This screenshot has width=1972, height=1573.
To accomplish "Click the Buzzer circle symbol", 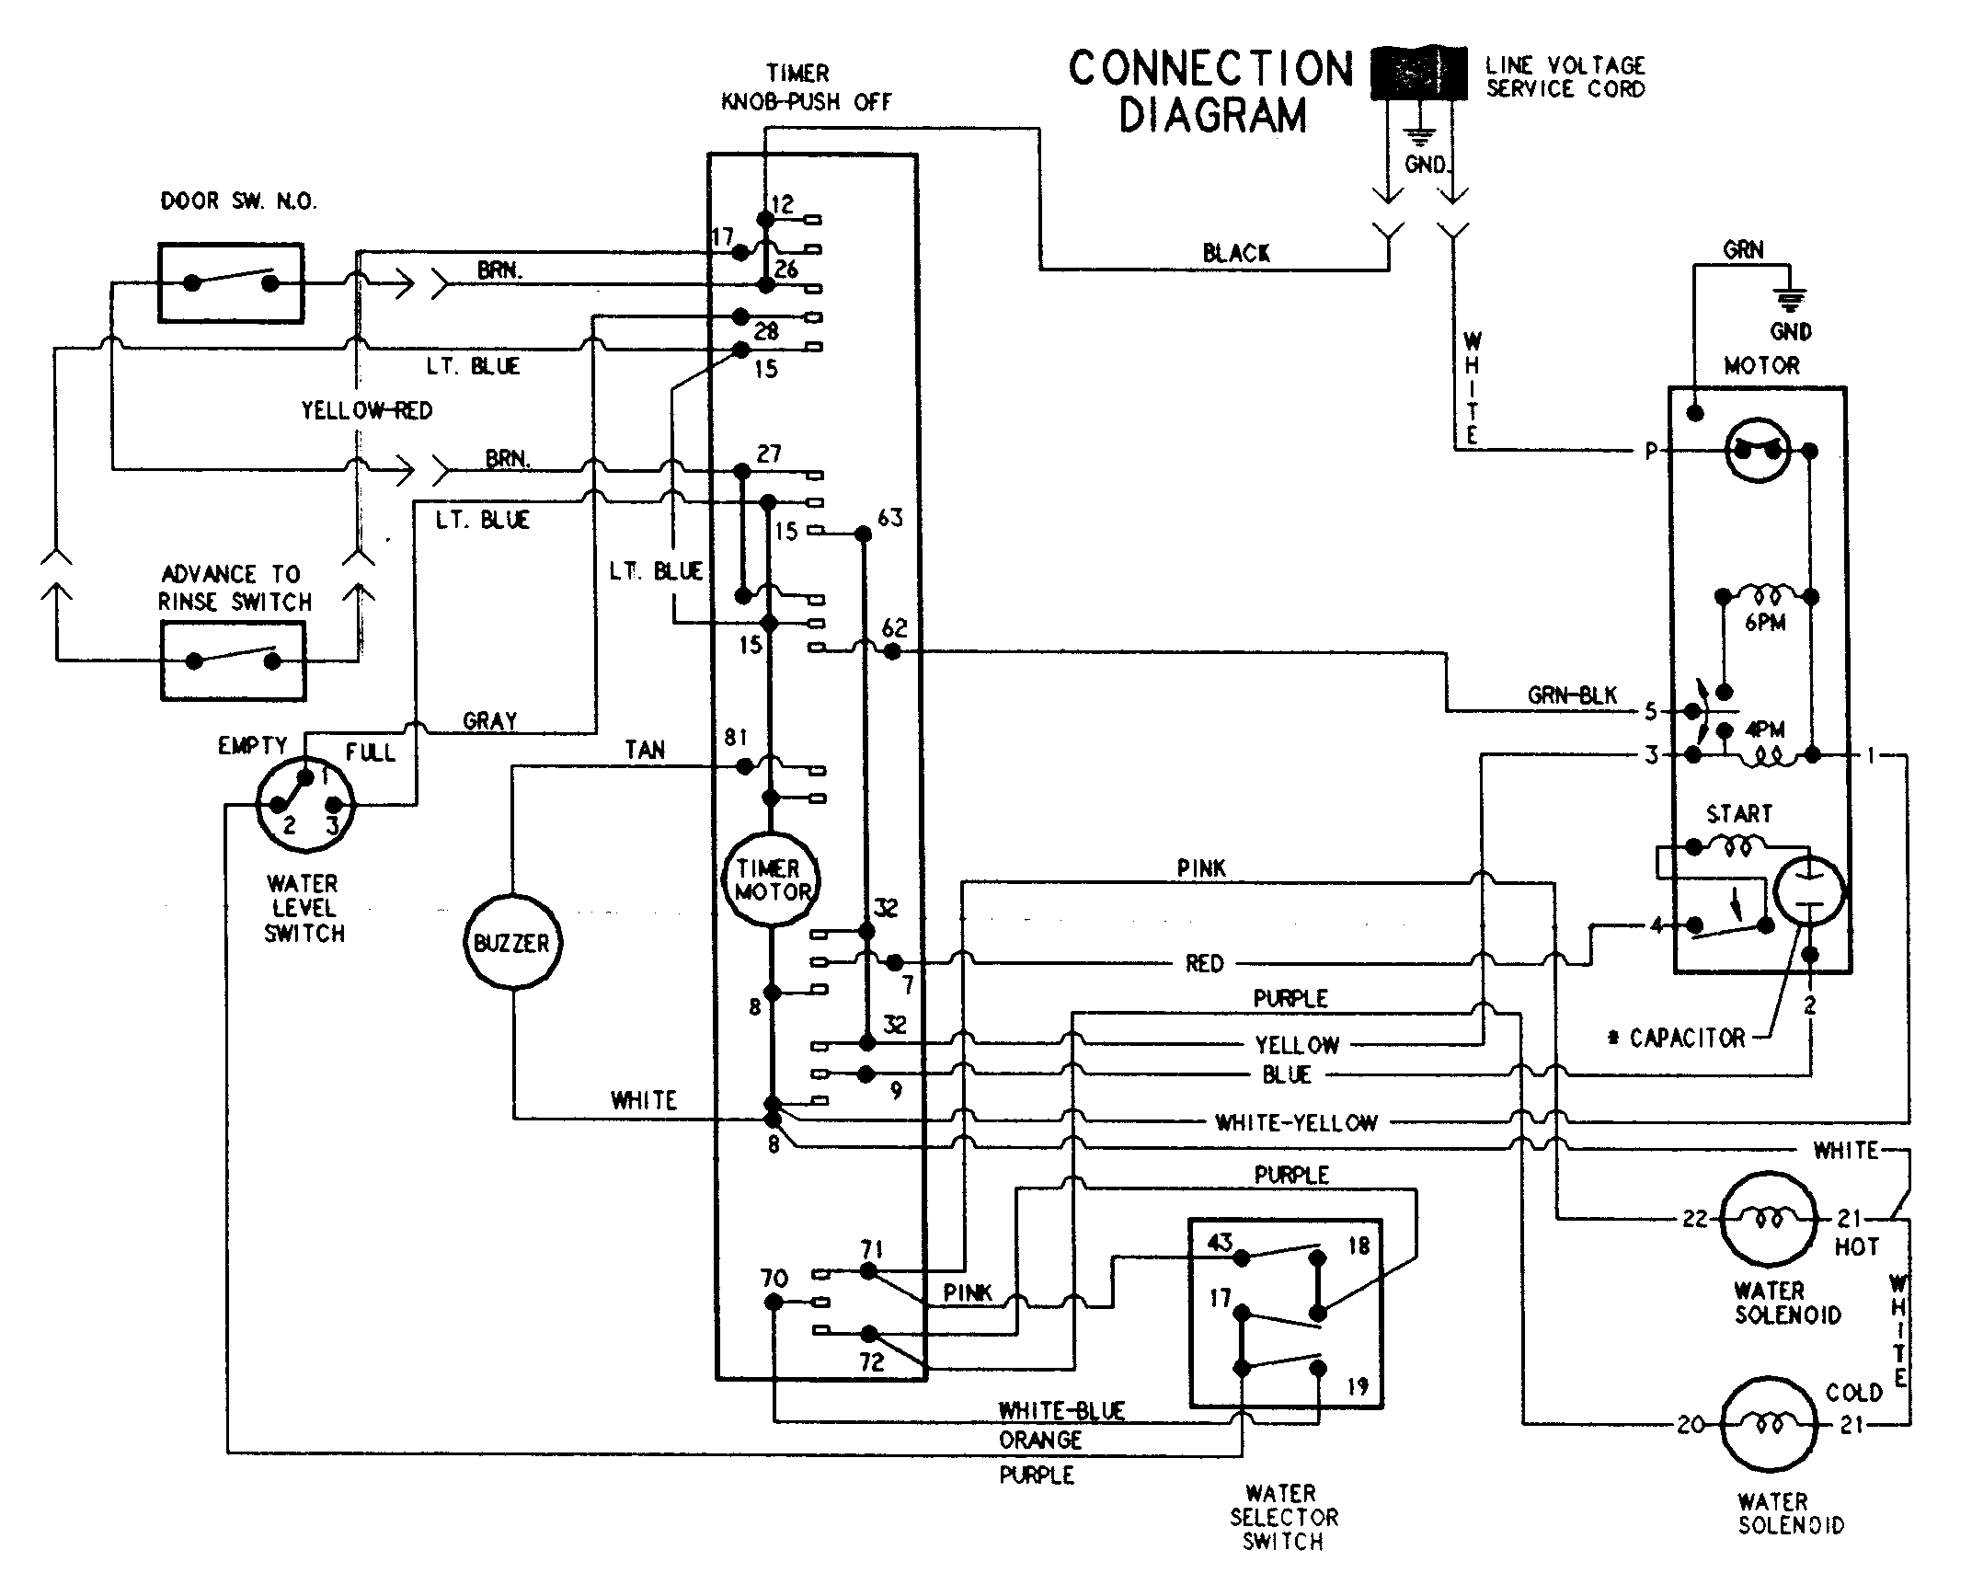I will (x=511, y=942).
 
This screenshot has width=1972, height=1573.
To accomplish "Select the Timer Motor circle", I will (x=771, y=879).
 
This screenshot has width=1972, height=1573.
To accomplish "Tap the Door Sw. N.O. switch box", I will (x=231, y=282).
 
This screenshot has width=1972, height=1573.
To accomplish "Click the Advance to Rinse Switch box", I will (x=233, y=660).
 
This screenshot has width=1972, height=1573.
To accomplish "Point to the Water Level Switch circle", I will (x=304, y=803).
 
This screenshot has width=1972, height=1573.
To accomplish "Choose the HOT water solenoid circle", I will (x=1767, y=1219).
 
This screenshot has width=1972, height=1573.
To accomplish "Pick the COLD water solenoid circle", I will (x=1767, y=1424).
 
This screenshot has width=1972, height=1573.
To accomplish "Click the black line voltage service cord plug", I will (x=1419, y=73).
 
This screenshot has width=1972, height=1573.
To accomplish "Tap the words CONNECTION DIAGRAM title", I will (x=1211, y=92).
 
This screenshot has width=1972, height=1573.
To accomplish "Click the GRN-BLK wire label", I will (x=1571, y=695).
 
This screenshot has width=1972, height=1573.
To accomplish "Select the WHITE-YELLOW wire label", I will (x=1295, y=1122).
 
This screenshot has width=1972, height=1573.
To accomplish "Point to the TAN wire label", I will (x=644, y=750).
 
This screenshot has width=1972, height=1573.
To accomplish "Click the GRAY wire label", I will (x=489, y=720).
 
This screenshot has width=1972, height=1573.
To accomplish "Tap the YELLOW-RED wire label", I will (x=366, y=410).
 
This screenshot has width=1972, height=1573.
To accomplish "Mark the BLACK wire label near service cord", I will (x=1235, y=253).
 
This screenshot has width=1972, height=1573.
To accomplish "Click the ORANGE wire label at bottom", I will (x=1040, y=1440).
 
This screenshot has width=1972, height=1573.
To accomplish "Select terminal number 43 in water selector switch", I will (x=1219, y=1243).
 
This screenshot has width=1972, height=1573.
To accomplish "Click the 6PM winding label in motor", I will (x=1764, y=623).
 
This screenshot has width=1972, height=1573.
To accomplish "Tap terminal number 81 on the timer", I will (x=735, y=737).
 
